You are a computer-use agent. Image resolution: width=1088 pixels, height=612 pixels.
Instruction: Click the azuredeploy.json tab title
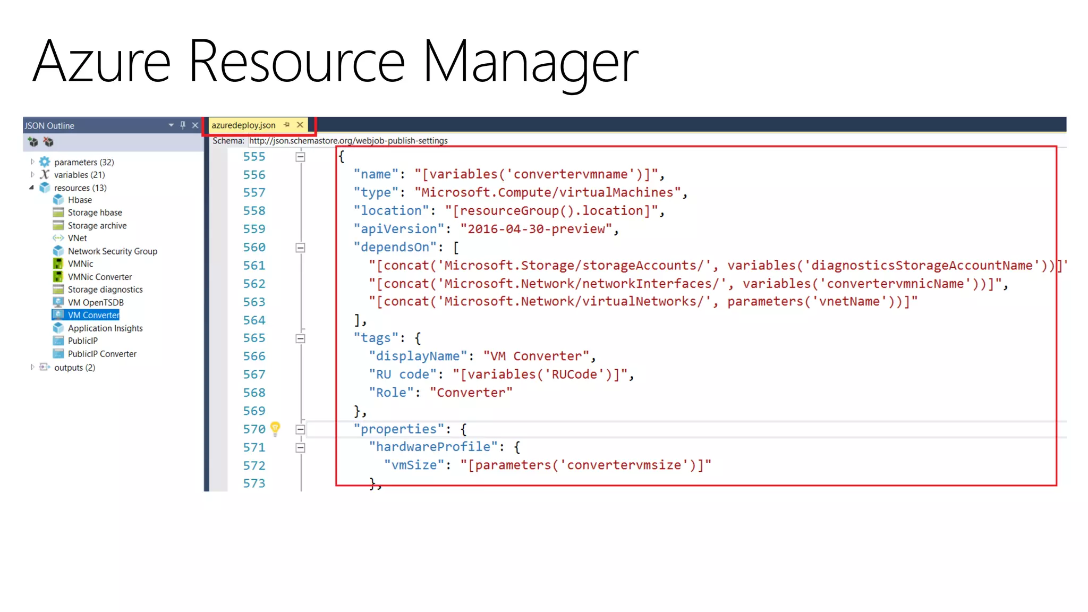(243, 125)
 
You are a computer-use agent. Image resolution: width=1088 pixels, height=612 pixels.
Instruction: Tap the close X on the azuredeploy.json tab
(300, 125)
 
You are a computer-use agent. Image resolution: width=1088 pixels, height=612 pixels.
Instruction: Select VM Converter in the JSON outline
(93, 315)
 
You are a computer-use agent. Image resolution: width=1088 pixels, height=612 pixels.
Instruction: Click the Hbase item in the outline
(80, 200)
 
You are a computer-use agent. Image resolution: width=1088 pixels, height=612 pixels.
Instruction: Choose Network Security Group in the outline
(112, 251)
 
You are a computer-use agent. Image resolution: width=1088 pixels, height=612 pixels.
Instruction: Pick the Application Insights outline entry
(105, 328)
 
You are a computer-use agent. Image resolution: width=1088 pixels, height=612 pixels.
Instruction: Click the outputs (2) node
(74, 368)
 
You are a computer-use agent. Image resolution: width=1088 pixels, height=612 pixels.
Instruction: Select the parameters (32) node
(84, 162)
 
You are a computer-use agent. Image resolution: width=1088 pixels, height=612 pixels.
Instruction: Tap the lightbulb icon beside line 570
(275, 428)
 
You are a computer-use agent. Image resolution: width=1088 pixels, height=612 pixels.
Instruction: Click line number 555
(254, 157)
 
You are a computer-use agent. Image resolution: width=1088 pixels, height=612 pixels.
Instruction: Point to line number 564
(254, 320)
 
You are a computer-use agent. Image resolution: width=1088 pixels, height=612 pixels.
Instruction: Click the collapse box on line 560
(300, 248)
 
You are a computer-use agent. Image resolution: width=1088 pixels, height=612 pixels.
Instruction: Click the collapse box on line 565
(300, 338)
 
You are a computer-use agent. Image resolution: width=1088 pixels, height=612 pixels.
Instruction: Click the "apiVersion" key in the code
(398, 229)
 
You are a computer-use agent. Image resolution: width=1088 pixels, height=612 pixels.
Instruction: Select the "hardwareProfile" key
(433, 447)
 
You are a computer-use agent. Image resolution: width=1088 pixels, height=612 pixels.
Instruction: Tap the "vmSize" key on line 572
(414, 465)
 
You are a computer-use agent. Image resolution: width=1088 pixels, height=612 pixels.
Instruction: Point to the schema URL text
(348, 141)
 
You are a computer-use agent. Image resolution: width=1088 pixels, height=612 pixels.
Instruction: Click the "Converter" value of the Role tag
(471, 393)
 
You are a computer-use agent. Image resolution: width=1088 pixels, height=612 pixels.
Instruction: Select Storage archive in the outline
(97, 226)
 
